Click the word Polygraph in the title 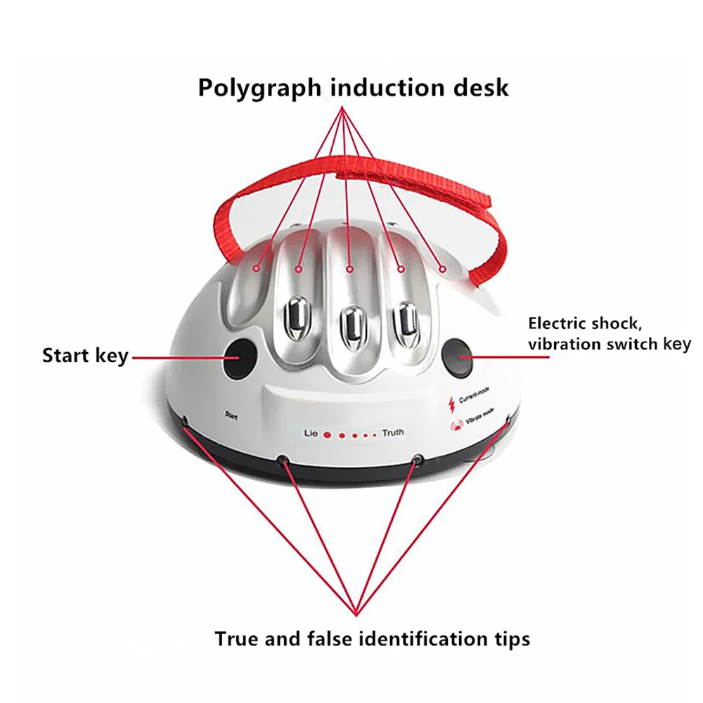coord(259,88)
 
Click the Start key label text coord(85,356)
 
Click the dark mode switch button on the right coord(458,358)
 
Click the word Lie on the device coord(311,434)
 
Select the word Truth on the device coord(393,432)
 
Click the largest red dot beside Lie coord(328,435)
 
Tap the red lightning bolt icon coord(451,404)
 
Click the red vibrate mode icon coord(456,424)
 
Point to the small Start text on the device coord(231,415)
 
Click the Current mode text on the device coord(475,394)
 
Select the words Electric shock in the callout coord(585,323)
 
